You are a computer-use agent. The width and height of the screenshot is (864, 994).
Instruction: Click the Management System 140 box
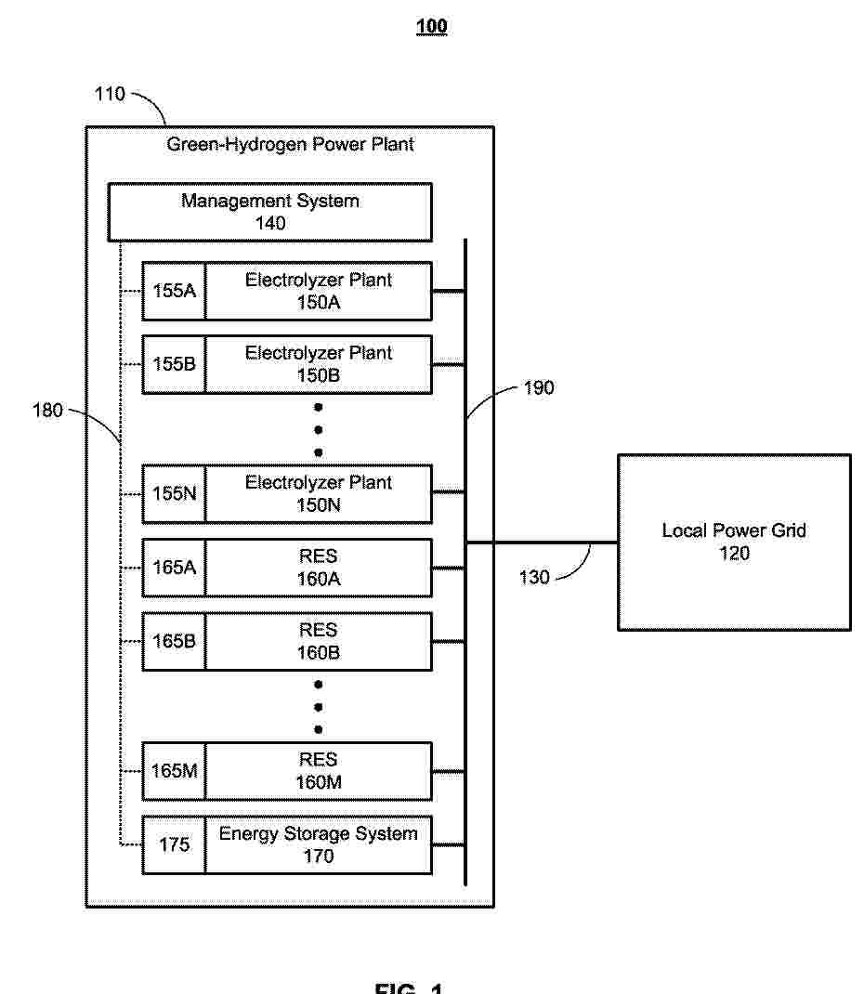(270, 212)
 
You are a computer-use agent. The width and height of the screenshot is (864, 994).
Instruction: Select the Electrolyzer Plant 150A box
(318, 291)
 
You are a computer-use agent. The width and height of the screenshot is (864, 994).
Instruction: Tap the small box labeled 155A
(174, 291)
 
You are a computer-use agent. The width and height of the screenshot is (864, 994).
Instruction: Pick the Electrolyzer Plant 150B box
(318, 364)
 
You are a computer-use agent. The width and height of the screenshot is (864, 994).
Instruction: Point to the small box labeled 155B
(174, 364)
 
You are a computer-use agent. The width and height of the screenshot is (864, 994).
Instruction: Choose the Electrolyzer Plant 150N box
(318, 494)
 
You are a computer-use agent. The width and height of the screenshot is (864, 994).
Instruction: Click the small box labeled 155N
(174, 494)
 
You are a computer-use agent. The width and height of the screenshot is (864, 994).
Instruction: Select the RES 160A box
(318, 568)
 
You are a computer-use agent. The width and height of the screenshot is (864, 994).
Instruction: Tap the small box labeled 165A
(174, 568)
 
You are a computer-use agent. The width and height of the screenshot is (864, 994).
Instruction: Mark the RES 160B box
(318, 641)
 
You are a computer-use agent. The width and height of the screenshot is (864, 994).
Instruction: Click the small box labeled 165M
(174, 771)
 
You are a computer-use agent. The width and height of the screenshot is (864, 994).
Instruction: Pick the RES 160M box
(318, 771)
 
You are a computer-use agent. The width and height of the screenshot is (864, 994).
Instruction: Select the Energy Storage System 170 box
(318, 844)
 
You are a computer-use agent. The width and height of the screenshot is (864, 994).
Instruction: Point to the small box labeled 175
(174, 844)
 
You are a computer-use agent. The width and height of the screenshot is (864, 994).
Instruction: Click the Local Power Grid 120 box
(734, 543)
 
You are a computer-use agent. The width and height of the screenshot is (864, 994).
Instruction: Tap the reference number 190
(539, 388)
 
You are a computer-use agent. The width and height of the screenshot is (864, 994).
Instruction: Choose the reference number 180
(47, 411)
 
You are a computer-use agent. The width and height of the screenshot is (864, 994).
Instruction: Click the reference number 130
(534, 578)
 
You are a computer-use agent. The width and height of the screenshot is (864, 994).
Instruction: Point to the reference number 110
(110, 94)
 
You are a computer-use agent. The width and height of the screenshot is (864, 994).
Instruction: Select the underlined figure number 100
(432, 27)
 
